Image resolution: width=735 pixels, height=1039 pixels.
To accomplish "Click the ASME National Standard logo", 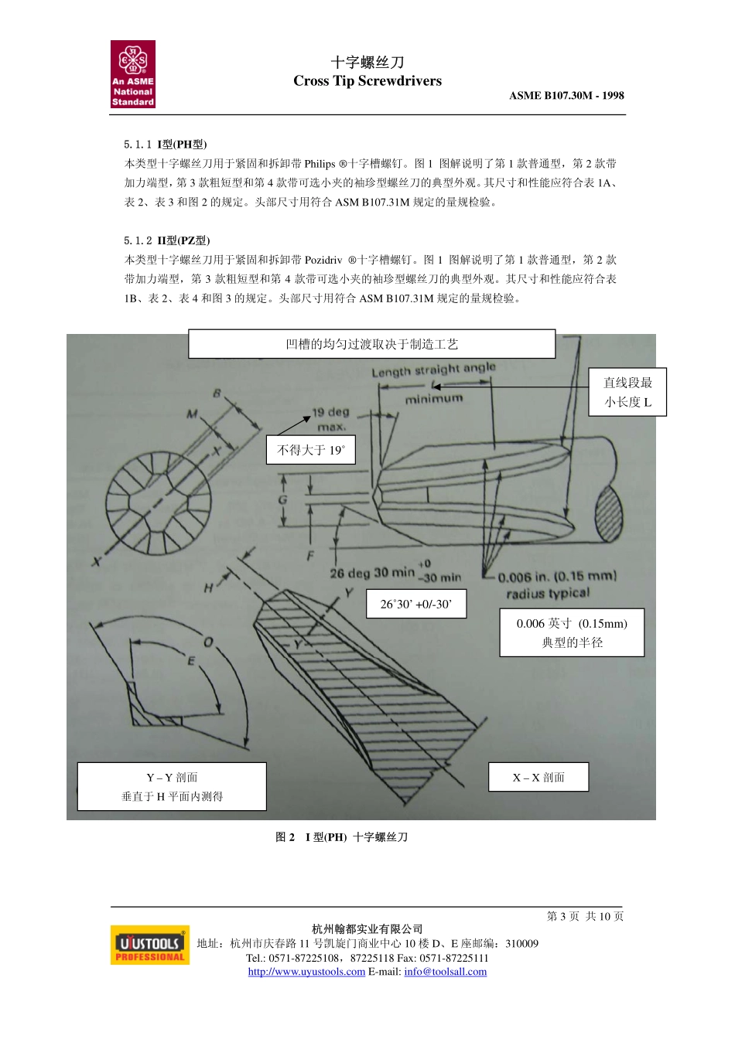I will coord(133,74).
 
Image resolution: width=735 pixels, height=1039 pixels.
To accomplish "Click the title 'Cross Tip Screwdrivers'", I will coord(367,81).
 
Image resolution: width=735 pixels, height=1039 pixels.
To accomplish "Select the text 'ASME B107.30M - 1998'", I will coord(566,96).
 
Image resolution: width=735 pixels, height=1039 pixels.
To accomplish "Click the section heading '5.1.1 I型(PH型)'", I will coord(166,145).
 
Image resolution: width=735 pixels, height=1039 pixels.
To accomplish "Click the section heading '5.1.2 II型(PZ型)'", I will coord(167,240).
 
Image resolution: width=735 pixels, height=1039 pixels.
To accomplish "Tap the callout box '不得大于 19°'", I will coord(311,450).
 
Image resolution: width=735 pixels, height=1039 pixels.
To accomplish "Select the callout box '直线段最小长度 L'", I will coord(627,392).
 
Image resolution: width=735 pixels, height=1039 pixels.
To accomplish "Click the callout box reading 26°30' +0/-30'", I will coord(416,604).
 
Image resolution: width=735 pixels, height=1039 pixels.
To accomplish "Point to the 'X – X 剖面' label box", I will coord(538,777).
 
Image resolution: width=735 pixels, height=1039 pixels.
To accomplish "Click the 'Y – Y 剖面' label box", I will coord(172,786).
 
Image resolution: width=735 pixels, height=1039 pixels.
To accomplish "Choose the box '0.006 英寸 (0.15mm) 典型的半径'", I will coord(572,632).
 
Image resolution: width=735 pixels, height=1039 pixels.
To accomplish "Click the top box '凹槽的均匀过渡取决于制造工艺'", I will coord(371,344).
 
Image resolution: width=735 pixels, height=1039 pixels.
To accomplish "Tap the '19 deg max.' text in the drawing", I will coord(330,419).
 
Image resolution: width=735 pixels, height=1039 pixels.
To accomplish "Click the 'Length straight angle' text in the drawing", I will coord(433,370).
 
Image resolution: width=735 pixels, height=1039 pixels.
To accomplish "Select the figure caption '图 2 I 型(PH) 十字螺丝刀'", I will coord(342,837).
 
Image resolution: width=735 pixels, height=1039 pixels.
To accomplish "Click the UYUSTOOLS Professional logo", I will coord(150,945).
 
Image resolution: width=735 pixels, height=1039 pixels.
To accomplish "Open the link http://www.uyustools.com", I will coord(306,972).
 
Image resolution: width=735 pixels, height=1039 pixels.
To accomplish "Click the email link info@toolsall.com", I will coord(445,972).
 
